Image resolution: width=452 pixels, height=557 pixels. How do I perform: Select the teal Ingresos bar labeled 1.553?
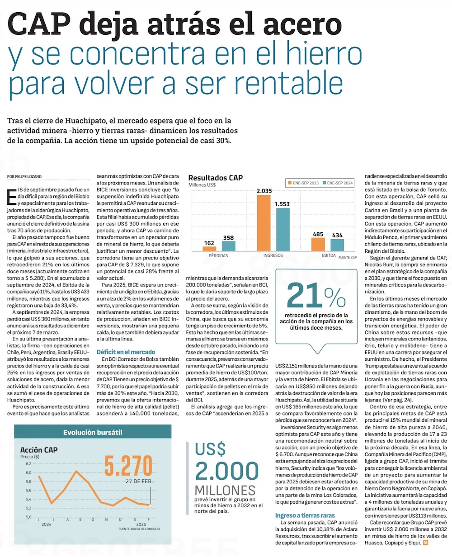[282, 229]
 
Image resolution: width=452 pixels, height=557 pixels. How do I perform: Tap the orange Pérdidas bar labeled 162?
[209, 248]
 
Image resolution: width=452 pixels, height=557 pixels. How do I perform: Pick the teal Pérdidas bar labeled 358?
[228, 245]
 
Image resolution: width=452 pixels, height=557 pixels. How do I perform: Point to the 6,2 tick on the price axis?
[29, 464]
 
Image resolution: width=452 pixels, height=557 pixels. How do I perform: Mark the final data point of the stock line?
[151, 506]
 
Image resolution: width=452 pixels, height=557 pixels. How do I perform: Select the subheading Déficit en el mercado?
[126, 352]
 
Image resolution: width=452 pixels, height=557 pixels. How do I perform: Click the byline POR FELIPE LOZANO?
[27, 176]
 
